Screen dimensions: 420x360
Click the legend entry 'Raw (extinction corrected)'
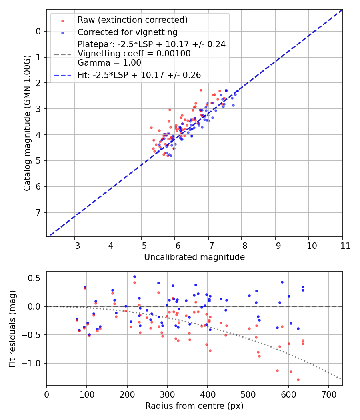tap(132, 20)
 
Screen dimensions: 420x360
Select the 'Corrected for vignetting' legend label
tap(127, 32)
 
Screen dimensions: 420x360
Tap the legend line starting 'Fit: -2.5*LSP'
tap(139, 75)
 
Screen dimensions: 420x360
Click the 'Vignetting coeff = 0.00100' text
tap(134, 53)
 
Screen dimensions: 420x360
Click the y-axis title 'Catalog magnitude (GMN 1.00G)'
tap(27, 122)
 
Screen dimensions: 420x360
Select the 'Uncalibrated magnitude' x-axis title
tap(194, 257)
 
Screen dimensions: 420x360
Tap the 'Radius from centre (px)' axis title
tap(194, 406)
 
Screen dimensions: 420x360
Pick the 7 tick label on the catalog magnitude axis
tap(38, 212)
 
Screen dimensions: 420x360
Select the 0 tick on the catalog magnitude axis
tap(38, 31)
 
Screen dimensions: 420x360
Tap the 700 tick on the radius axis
tap(328, 394)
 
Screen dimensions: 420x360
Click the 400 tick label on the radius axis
tap(208, 394)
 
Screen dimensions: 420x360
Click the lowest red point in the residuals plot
tap(298, 380)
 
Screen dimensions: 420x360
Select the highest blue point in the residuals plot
tap(134, 276)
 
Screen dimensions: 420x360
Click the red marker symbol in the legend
tap(62, 20)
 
